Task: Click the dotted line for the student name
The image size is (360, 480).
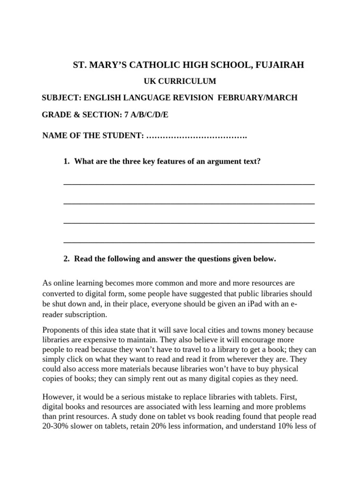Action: [x=197, y=136]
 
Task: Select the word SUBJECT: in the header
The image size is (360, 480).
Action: [x=62, y=97]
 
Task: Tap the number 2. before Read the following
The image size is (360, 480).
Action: [x=67, y=259]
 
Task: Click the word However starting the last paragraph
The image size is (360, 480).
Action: [x=57, y=396]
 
